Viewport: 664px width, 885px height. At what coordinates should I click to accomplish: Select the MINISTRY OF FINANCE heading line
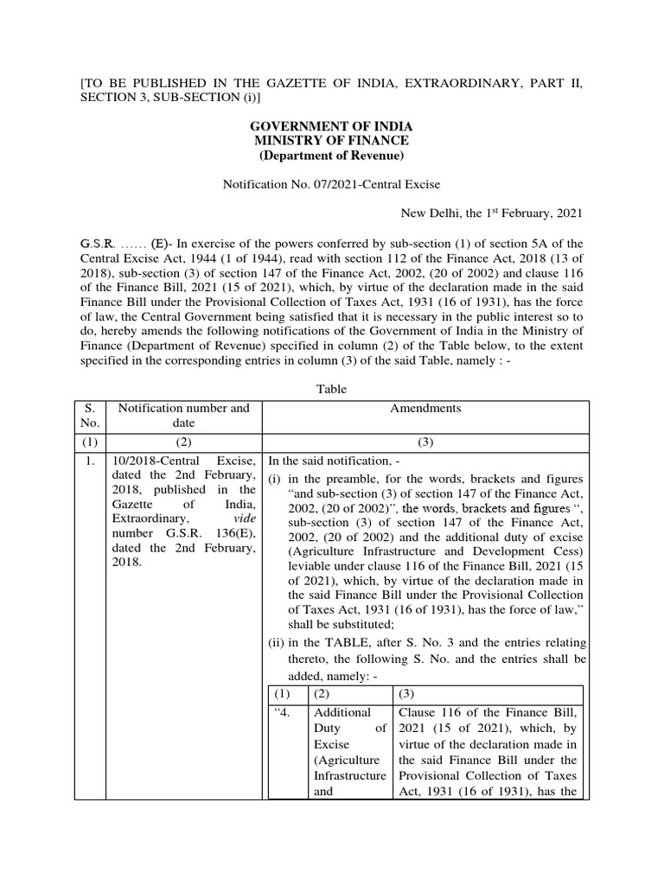click(x=331, y=141)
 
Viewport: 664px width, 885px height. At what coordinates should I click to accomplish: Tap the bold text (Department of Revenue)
click(x=331, y=156)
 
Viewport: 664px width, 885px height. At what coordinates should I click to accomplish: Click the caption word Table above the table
click(x=331, y=389)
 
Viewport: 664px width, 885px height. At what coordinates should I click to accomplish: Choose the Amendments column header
click(x=425, y=408)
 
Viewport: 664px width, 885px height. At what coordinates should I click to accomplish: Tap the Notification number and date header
click(x=182, y=415)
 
